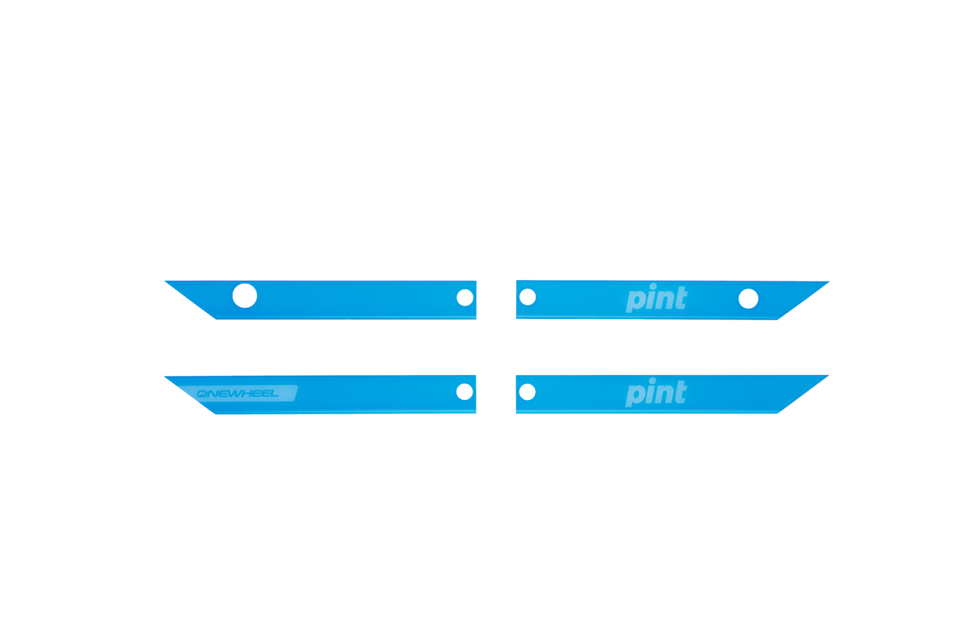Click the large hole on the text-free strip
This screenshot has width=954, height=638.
coord(244,296)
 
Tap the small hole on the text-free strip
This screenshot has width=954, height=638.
coord(464,297)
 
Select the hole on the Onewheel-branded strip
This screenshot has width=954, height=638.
coord(464,391)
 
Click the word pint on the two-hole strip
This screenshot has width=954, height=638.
coord(656,299)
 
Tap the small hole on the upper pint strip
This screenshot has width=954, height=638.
coord(527,297)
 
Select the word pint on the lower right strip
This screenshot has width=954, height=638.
coord(656,393)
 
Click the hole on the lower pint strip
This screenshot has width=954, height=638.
coord(527,391)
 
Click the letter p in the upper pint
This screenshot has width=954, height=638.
coord(634,301)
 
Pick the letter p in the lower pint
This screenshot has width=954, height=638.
coord(634,395)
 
